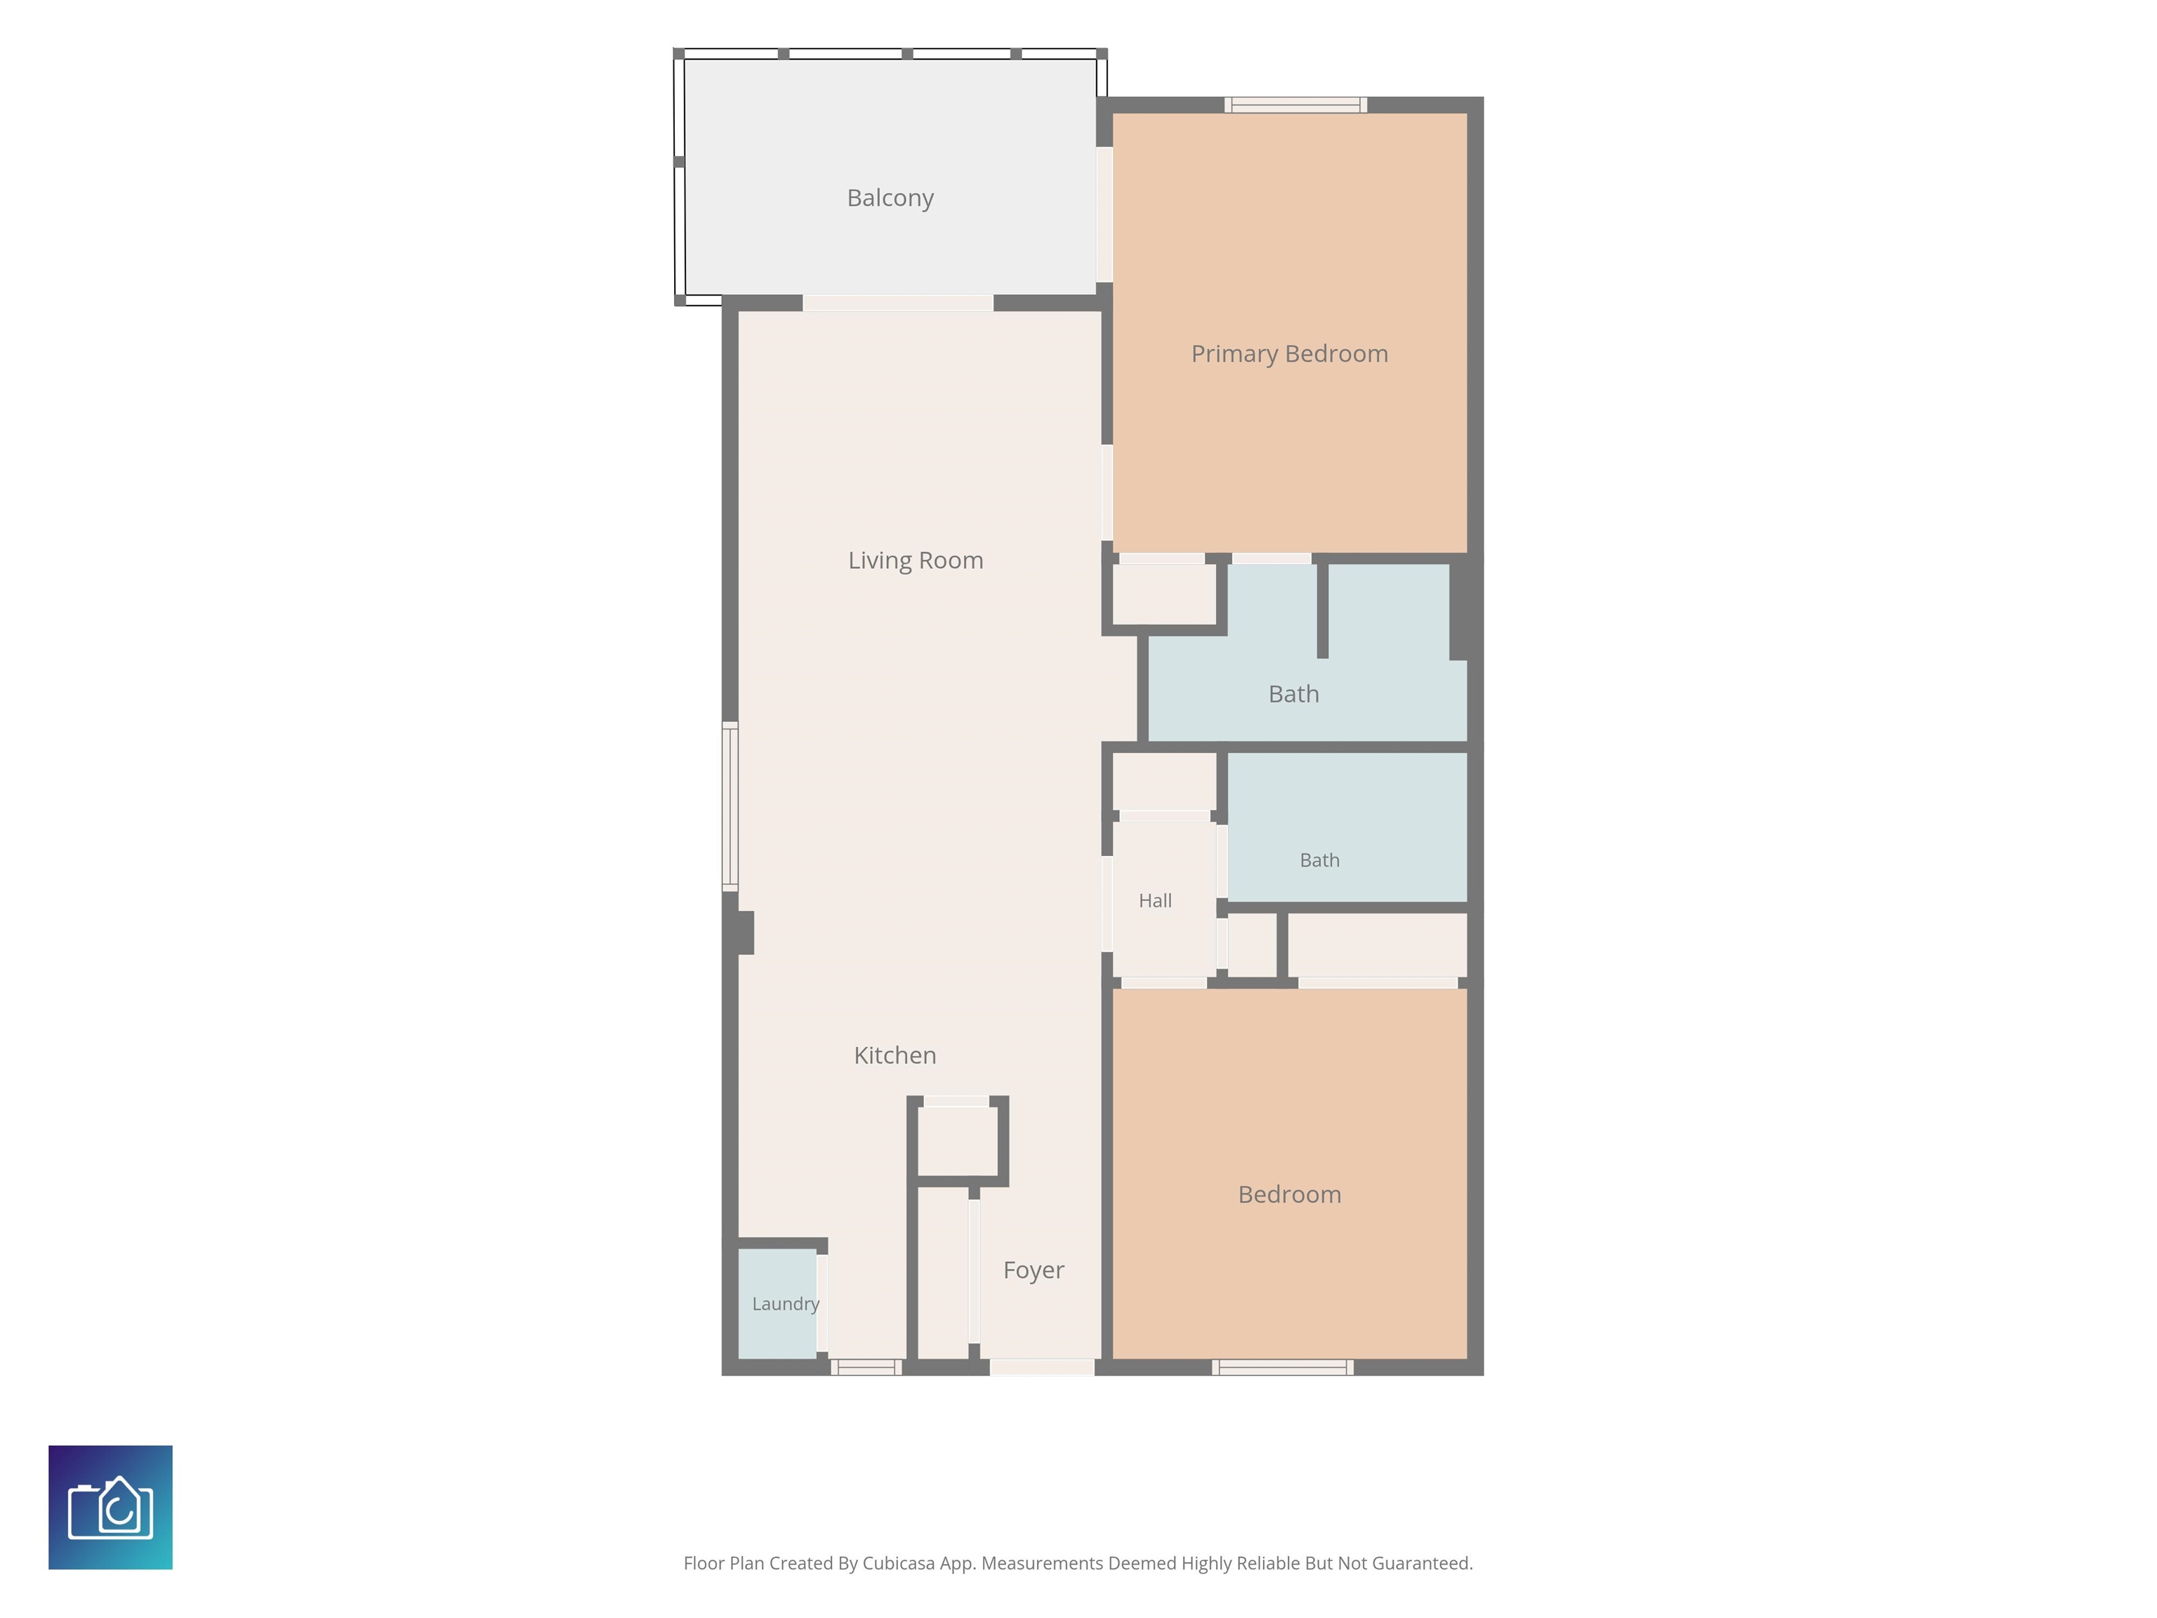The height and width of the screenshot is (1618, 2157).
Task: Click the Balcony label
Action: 890,198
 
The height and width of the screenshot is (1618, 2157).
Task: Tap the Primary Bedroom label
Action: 1289,354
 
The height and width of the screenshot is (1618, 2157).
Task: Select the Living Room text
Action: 916,561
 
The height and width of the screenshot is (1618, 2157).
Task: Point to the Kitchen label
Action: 895,1055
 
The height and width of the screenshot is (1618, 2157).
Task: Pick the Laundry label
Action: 786,1304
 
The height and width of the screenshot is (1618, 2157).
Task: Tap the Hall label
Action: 1156,901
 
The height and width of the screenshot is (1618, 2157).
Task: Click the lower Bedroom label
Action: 1289,1195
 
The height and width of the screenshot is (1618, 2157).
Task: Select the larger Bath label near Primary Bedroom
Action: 1294,695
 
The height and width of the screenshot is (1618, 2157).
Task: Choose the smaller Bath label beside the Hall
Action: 1319,860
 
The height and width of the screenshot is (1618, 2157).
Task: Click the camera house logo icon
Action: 110,1507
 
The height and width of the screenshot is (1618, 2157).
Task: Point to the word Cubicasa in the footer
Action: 898,1563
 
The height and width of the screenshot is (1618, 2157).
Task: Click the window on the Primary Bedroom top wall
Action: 1296,105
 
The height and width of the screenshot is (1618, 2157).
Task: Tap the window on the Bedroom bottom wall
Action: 1282,1367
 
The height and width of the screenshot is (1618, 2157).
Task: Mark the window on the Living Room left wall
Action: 730,805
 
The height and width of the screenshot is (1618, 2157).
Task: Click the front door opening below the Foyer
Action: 1043,1367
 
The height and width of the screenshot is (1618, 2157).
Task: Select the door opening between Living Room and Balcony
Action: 897,303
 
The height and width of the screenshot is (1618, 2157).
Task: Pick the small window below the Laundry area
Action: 866,1367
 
